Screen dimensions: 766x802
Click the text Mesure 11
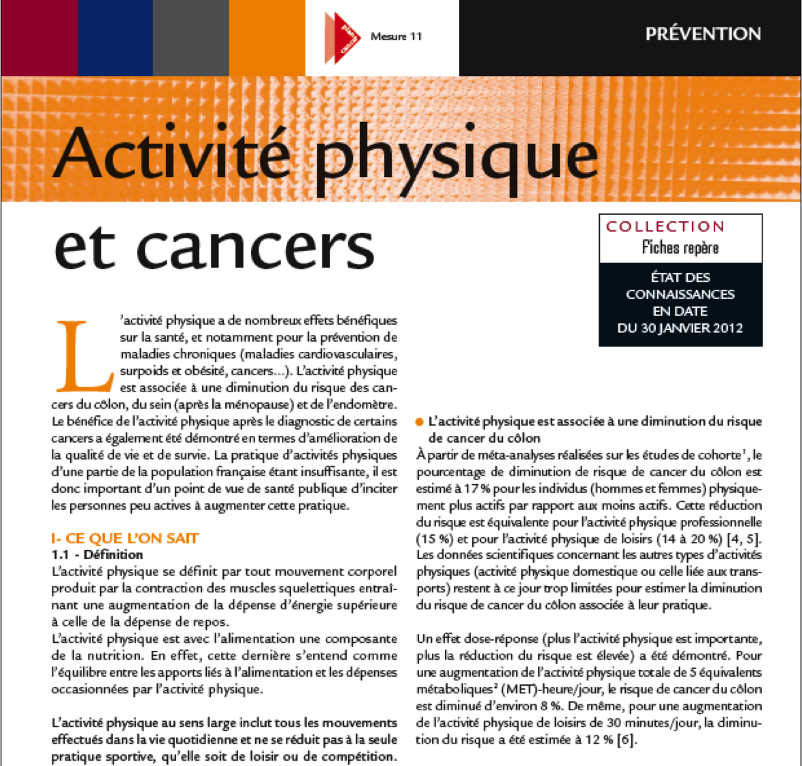(396, 37)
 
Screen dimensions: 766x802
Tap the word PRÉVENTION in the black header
(703, 34)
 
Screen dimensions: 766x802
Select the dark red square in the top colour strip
(39, 37)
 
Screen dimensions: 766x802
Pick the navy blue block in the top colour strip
(115, 37)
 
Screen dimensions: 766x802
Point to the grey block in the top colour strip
(190, 37)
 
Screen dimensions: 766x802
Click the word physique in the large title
(456, 157)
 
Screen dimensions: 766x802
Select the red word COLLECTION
(665, 227)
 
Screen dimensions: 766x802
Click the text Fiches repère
(680, 247)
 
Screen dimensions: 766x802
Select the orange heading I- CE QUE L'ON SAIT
(125, 539)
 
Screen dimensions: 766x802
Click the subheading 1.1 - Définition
(97, 555)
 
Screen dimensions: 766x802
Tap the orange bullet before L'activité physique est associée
(420, 422)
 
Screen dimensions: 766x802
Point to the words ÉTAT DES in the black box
(680, 278)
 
